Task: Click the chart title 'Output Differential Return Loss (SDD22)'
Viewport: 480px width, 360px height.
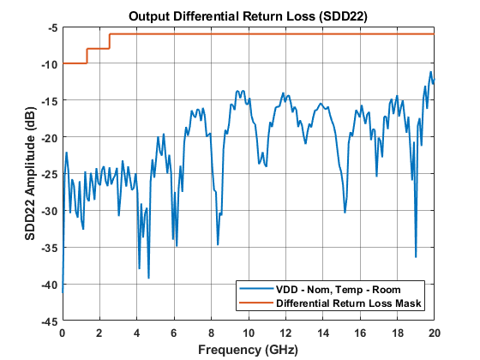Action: pos(248,15)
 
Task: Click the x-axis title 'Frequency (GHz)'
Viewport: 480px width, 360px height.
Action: pos(248,350)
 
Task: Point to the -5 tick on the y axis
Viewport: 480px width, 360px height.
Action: pos(51,27)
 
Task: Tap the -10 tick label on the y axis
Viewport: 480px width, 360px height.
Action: pos(49,64)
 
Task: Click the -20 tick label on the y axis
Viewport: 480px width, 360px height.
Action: pos(49,137)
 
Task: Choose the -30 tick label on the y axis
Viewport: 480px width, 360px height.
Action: pos(49,211)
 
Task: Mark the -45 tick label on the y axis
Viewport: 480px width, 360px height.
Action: pos(49,321)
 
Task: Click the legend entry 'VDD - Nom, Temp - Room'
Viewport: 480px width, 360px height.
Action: pos(339,289)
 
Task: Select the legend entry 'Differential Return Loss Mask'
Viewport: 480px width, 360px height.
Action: pos(351,303)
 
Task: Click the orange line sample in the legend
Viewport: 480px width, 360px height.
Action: pos(255,303)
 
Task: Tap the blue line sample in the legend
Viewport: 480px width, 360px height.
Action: pos(255,289)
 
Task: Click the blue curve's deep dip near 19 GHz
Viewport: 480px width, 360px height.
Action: pos(416,256)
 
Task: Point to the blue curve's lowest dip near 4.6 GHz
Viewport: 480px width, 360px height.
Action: pos(148,278)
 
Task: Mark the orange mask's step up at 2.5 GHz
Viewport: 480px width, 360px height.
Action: pos(110,41)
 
